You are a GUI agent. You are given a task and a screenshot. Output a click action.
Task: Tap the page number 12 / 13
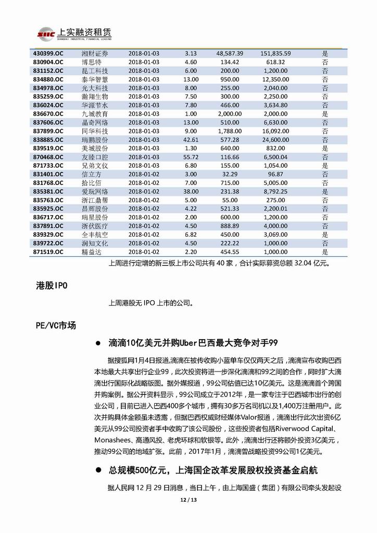188,501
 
